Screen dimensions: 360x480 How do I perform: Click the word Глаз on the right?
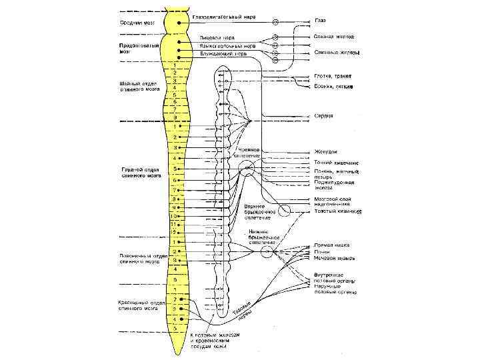(320, 21)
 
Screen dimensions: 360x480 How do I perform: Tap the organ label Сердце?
(324, 116)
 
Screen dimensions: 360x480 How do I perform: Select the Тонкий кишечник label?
(336, 162)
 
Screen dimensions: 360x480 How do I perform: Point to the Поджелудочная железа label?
(333, 185)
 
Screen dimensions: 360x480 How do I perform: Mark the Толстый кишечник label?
(337, 212)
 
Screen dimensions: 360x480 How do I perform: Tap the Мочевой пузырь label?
(334, 258)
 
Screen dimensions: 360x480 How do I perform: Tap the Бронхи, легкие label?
(333, 87)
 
